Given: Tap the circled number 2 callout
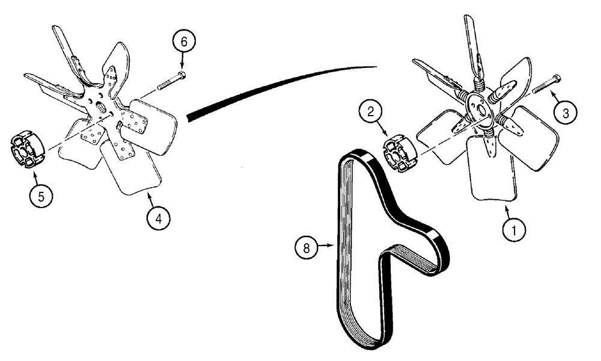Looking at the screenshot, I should click(x=371, y=112).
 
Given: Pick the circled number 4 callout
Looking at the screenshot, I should click(x=158, y=219).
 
